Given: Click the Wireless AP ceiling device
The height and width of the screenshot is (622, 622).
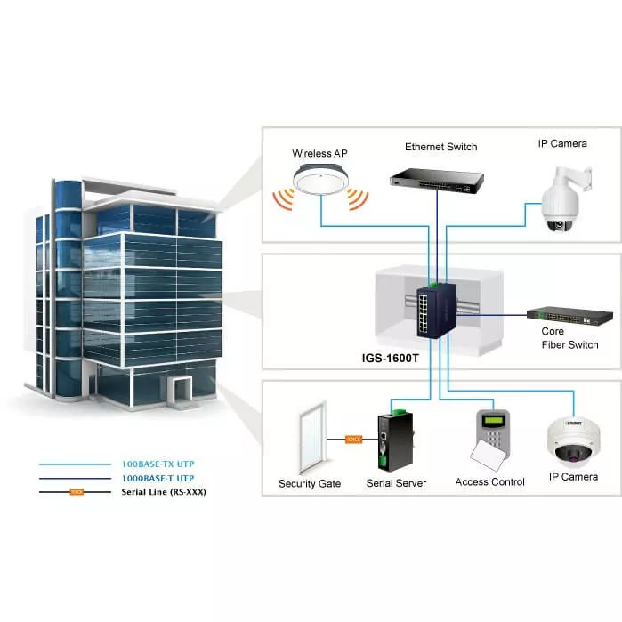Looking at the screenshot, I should click(319, 184).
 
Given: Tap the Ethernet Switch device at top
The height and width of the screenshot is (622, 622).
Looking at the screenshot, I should click(436, 179).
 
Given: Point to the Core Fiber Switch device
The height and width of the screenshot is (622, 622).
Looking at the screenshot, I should click(569, 316).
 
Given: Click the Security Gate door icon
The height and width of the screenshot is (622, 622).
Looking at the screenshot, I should click(311, 438).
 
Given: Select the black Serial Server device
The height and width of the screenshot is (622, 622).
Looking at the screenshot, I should click(391, 441).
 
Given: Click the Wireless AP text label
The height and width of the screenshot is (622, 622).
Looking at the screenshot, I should click(319, 154).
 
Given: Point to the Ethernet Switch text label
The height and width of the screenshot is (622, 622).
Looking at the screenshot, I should click(440, 147).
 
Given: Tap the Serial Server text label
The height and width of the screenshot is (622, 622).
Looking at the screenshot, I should click(396, 483).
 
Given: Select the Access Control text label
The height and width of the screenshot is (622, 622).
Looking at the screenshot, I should click(489, 481).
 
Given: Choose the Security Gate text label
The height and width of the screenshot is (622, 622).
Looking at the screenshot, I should click(310, 483).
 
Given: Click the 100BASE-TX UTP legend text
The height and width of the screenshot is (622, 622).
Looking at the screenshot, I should click(158, 464).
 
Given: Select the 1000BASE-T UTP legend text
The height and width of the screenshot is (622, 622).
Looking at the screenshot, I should click(158, 478).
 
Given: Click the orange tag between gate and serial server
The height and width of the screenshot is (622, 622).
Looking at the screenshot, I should click(352, 439).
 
